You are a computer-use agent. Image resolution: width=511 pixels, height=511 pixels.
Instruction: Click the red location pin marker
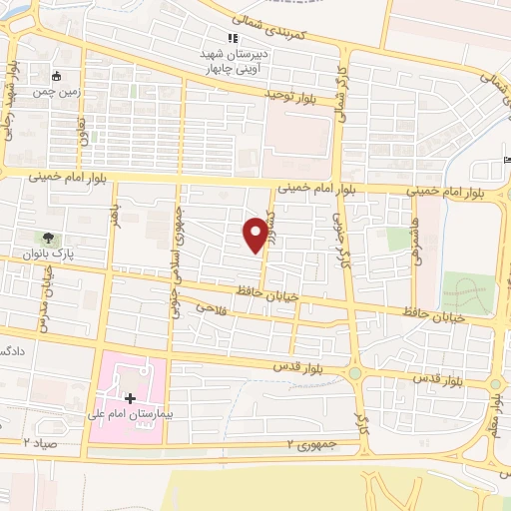(255, 233)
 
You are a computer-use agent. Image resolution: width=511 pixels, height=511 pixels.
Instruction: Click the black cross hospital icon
(131, 398)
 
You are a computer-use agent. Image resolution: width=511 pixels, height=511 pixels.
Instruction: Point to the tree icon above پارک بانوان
(48, 238)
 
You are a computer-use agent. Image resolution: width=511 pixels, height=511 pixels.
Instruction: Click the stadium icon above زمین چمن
(57, 75)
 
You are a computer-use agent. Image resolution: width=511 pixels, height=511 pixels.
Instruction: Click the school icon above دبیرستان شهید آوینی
(234, 38)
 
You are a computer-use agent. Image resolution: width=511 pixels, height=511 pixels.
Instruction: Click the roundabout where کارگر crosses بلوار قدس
(354, 374)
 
